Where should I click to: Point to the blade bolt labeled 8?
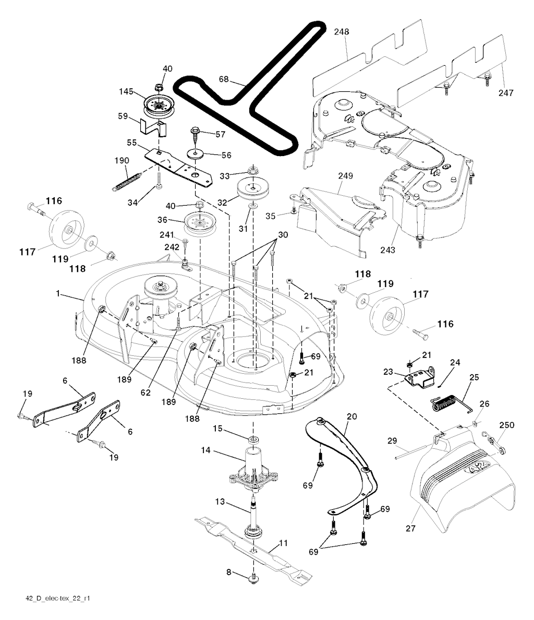255,578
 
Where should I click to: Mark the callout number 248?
342,32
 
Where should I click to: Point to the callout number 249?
345,176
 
